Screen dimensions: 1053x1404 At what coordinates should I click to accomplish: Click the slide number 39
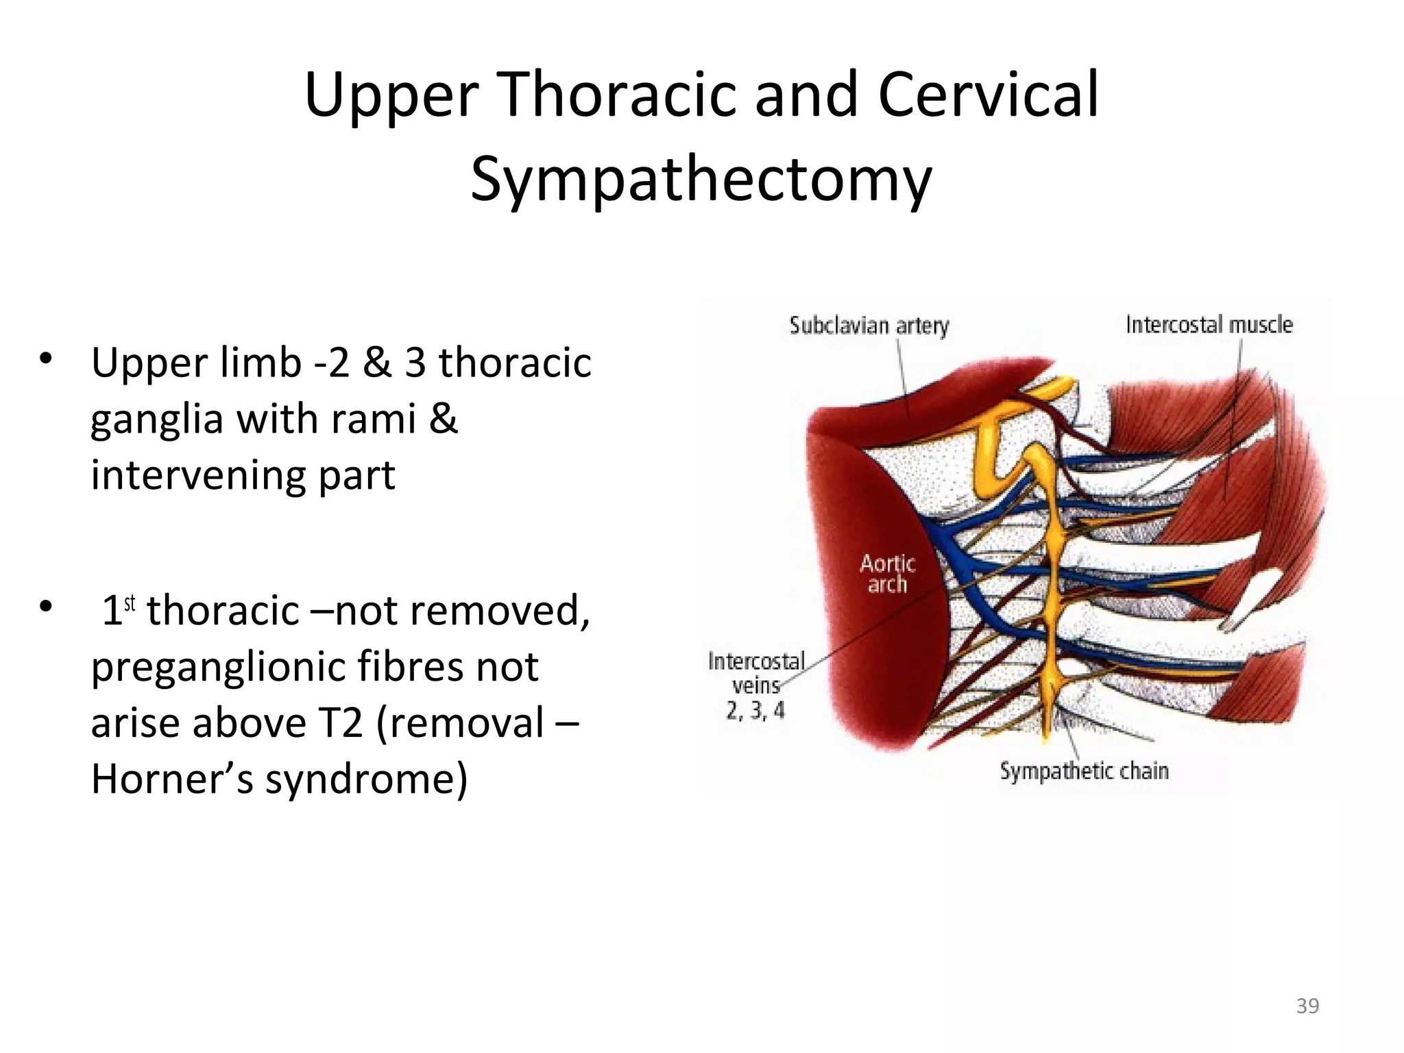1307,1006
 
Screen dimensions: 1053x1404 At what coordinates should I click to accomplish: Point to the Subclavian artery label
869,325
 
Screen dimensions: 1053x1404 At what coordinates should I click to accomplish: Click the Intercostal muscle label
1209,324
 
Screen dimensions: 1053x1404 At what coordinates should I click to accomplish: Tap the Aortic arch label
887,574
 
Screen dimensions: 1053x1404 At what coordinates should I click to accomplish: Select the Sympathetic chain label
1084,771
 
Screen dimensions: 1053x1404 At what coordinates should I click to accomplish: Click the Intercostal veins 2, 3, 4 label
756,686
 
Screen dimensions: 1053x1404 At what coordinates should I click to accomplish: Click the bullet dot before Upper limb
46,358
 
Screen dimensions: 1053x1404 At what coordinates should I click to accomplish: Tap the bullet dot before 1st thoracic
46,606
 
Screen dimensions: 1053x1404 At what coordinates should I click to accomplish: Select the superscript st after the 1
130,603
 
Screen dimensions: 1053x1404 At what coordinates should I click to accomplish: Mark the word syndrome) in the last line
366,779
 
